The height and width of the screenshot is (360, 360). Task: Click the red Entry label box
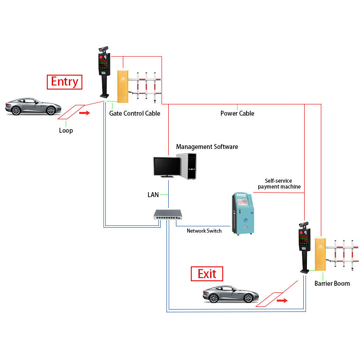64,82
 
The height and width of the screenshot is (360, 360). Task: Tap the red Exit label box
207,274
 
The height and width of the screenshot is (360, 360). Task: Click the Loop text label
66,130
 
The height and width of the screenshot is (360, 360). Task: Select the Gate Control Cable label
135,113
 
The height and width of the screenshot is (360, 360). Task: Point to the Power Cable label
237,113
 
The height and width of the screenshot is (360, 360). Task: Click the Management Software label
207,147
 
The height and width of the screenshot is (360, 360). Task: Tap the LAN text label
153,195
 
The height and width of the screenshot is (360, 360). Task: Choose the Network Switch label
204,231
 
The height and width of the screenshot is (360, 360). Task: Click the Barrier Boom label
332,283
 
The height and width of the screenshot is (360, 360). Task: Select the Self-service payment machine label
279,183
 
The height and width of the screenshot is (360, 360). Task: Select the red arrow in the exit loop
282,300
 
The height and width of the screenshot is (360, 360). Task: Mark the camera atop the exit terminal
303,224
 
